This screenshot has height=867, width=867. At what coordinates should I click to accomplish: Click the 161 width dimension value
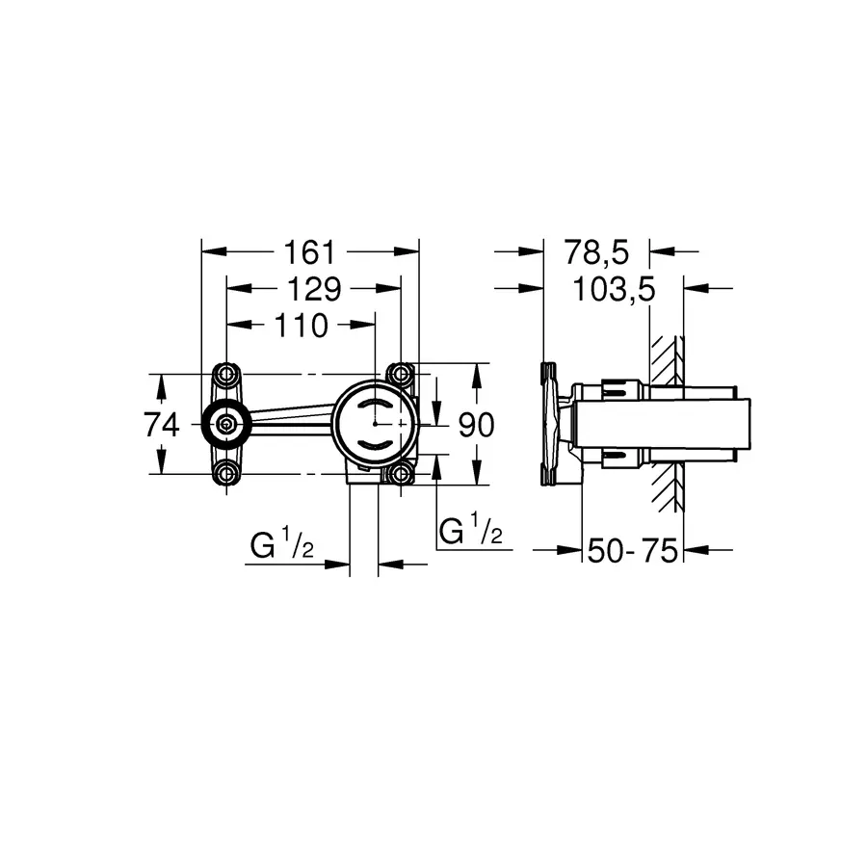coord(308,252)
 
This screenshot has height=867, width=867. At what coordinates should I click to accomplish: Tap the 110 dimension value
coord(301,326)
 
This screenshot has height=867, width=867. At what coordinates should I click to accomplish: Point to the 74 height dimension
coord(163,424)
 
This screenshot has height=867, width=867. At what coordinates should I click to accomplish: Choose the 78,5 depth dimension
coord(596,252)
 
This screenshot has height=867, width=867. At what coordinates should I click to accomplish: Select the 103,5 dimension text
coord(613,289)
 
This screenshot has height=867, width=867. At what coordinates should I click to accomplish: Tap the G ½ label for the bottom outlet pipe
coord(282,546)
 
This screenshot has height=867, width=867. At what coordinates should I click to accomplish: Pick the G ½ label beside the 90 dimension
coord(471,531)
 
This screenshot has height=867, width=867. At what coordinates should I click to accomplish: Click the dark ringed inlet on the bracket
coord(226,424)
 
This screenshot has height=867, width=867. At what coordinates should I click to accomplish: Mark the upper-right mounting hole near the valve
coord(399,374)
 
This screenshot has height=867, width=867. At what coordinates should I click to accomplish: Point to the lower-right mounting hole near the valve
coord(399,473)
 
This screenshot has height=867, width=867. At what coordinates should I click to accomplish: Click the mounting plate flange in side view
coord(551,424)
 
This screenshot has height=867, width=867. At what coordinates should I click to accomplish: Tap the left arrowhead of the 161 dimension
coord(212,252)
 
